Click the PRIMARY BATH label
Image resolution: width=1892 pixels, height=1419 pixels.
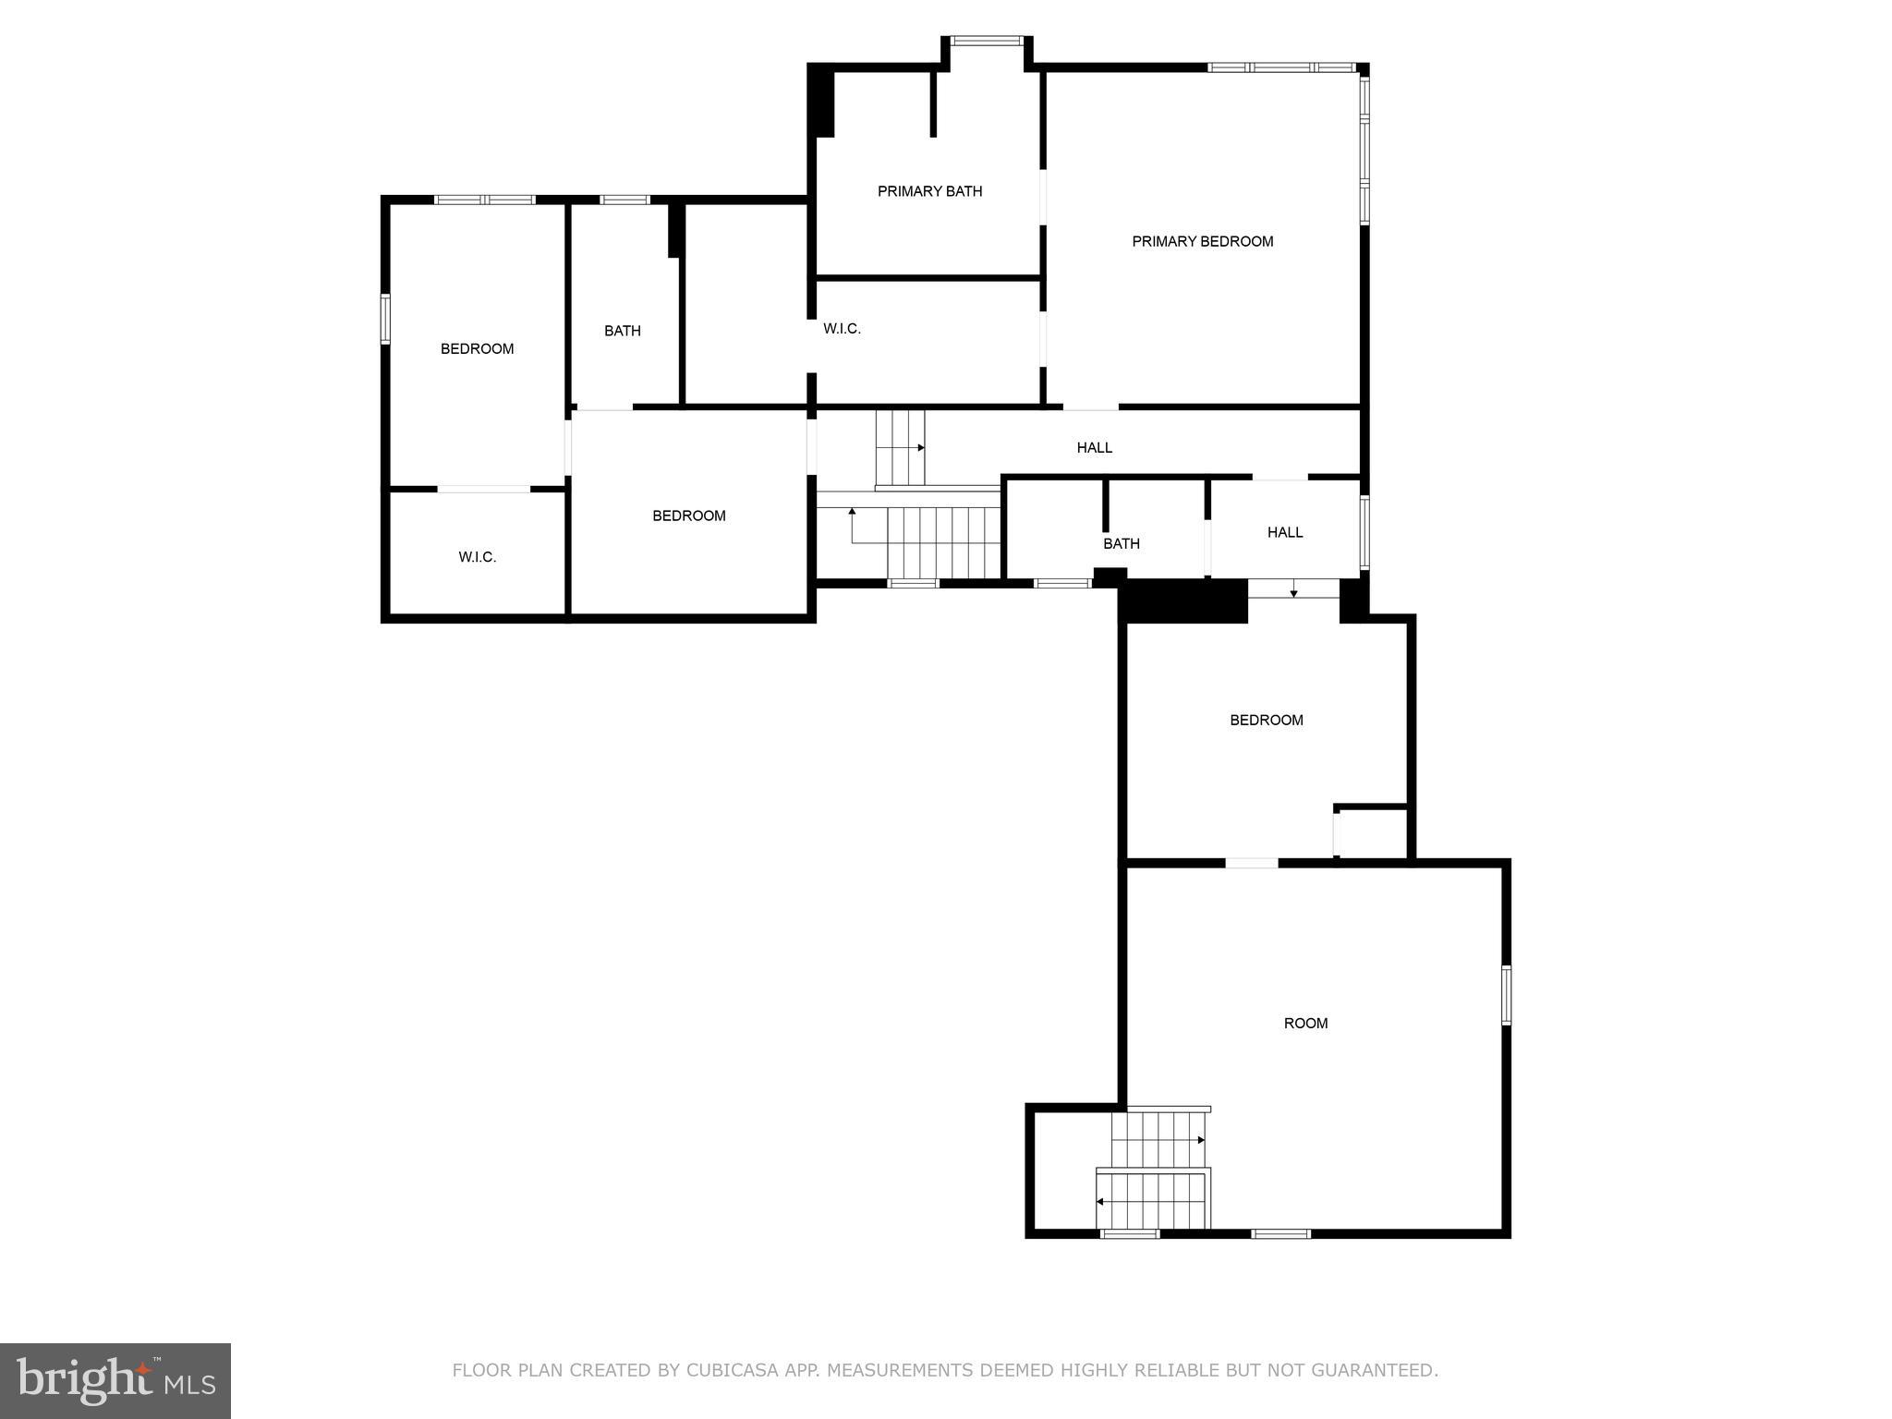click(x=929, y=191)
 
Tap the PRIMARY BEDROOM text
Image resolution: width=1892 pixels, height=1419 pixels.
click(x=1202, y=241)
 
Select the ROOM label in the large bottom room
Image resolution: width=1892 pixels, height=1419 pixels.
click(x=1305, y=1023)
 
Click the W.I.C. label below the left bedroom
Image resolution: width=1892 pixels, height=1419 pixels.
click(x=477, y=557)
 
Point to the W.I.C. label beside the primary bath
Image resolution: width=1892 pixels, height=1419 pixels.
click(x=842, y=328)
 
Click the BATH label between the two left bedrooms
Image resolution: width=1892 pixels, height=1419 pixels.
click(x=622, y=331)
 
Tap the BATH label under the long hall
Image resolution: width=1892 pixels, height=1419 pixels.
click(x=1121, y=543)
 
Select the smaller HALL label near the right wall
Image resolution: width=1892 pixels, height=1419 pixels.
click(x=1284, y=532)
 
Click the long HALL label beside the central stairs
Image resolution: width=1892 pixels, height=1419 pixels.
click(x=1094, y=447)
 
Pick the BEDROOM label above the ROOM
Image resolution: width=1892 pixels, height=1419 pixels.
click(x=1266, y=720)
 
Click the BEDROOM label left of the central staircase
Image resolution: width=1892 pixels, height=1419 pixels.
click(x=688, y=515)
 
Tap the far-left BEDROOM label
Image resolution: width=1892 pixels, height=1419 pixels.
click(x=477, y=348)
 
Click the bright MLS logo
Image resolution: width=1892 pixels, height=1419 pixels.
click(x=115, y=1381)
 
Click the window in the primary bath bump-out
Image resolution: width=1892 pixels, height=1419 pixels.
click(x=987, y=41)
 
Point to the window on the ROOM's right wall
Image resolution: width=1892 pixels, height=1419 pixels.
click(x=1506, y=995)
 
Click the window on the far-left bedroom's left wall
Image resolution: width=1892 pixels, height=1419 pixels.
click(x=385, y=319)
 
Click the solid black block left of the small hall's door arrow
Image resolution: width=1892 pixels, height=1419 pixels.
click(x=1182, y=600)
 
